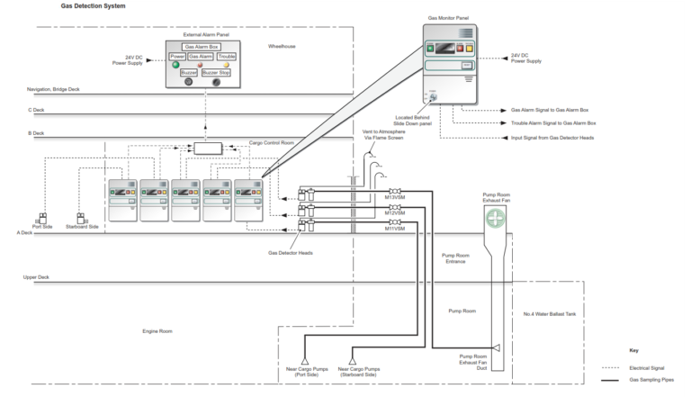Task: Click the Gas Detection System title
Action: (93, 5)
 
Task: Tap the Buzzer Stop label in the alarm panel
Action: (216, 72)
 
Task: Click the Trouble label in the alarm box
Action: (227, 56)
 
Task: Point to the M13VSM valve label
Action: (394, 198)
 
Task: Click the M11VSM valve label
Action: (394, 228)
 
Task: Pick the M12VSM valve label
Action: (394, 213)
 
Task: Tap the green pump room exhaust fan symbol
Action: (496, 218)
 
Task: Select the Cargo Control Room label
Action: (272, 141)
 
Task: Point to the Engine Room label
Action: (157, 330)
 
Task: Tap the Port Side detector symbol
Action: (41, 219)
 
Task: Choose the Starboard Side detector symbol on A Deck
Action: (81, 219)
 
